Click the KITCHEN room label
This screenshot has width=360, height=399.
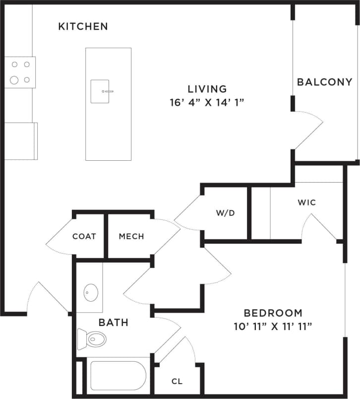[x=83, y=26]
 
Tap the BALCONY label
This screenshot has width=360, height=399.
[x=324, y=82]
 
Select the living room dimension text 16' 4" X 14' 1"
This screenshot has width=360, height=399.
[x=207, y=103]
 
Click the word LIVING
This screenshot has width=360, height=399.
[x=207, y=89]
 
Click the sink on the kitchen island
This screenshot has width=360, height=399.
[x=100, y=91]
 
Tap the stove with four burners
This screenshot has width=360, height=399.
[x=20, y=72]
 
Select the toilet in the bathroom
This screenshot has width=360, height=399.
[x=92, y=340]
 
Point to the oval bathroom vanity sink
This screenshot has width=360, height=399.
[x=91, y=292]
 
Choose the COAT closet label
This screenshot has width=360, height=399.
[x=84, y=236]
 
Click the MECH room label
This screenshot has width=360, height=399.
[x=131, y=236]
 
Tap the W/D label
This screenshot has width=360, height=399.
[x=225, y=213]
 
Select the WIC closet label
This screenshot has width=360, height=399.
[x=306, y=202]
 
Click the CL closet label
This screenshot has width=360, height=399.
[x=177, y=382]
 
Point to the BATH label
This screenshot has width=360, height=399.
[x=114, y=323]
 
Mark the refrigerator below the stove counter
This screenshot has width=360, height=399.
[x=21, y=141]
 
